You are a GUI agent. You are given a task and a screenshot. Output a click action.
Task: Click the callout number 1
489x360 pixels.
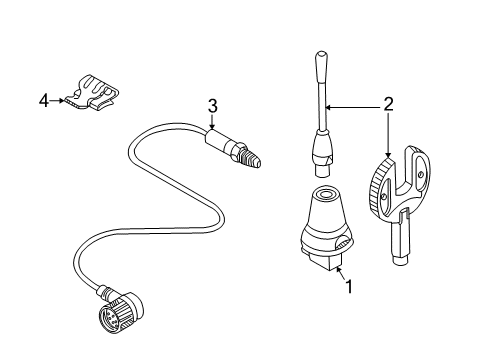tap(349, 286)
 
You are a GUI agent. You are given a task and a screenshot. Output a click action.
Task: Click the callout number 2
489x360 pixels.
tap(388, 102)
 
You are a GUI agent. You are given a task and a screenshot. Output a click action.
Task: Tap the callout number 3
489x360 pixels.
tap(212, 106)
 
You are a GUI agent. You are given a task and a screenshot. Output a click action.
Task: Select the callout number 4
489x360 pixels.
tap(42, 98)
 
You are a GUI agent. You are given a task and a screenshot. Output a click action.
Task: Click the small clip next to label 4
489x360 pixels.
tap(89, 90)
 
